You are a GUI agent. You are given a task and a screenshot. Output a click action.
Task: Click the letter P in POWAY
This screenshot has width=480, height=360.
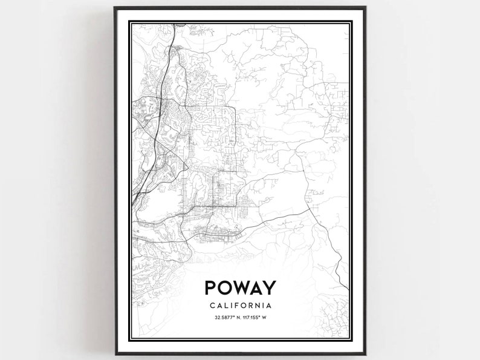coord(212,288)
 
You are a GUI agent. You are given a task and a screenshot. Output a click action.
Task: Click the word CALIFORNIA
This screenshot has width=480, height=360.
coord(240,306)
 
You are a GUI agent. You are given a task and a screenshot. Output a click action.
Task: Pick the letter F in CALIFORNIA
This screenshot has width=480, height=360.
coord(236,306)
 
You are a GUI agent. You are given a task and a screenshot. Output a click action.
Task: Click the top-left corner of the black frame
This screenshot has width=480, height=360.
coord(115,8)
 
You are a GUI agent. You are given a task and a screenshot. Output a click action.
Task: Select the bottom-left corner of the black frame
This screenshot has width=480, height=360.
coord(115,353)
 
